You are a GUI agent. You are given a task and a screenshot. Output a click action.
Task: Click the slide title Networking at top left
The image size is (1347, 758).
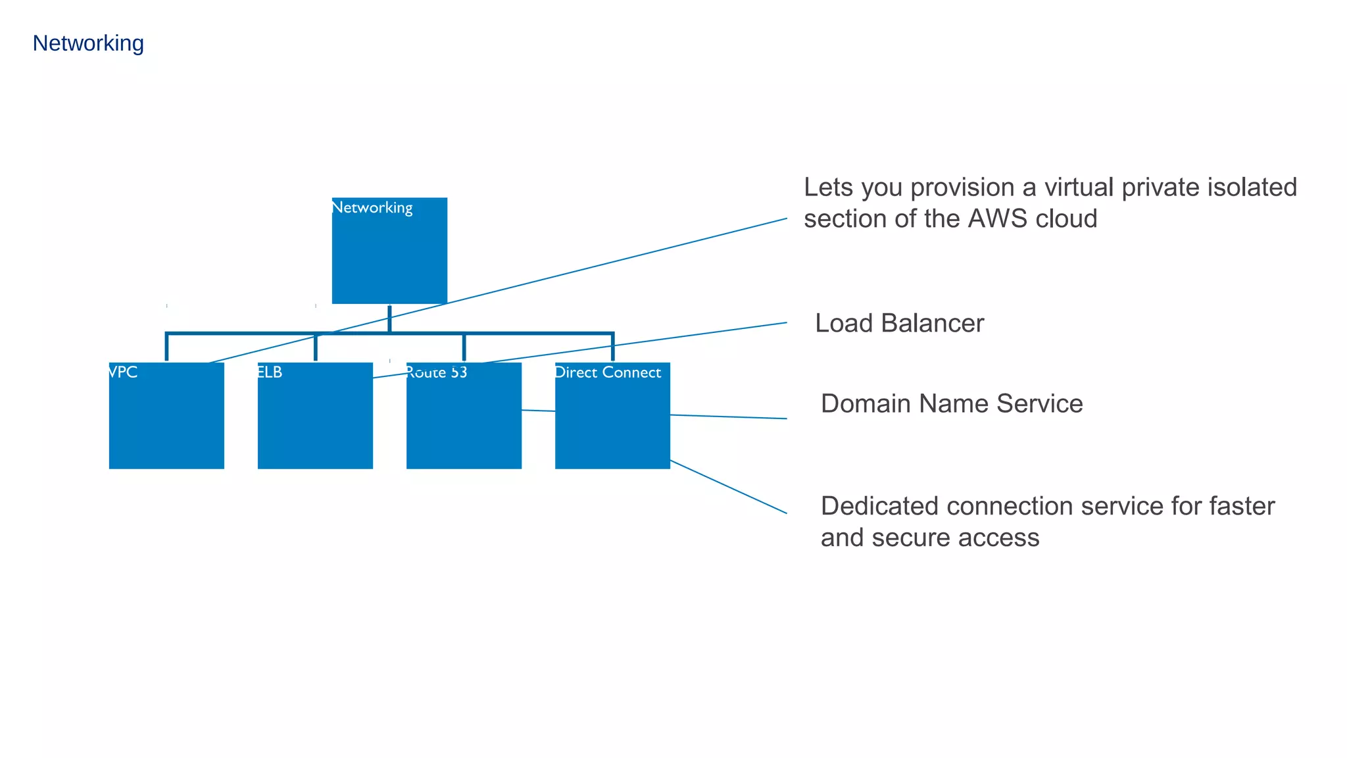pyautogui.click(x=88, y=43)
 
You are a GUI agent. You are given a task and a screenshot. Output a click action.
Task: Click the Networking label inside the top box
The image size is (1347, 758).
pyautogui.click(x=372, y=208)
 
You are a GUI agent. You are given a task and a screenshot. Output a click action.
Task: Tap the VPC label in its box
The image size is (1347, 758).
pyautogui.click(x=123, y=372)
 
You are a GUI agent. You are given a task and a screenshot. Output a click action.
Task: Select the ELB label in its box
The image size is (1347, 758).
pyautogui.click(x=270, y=372)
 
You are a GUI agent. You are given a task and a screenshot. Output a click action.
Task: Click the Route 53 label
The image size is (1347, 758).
pyautogui.click(x=437, y=372)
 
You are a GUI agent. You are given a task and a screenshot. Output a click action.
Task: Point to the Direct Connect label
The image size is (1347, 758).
pyautogui.click(x=608, y=372)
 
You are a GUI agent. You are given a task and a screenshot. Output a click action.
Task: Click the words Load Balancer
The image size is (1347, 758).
pyautogui.click(x=899, y=324)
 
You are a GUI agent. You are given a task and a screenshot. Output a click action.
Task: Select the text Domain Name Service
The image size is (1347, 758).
pyautogui.click(x=951, y=404)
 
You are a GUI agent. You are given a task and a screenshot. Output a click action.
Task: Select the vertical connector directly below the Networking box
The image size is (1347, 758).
pyautogui.click(x=389, y=318)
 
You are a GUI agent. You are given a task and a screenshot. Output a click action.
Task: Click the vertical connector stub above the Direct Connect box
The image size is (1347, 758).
pyautogui.click(x=612, y=347)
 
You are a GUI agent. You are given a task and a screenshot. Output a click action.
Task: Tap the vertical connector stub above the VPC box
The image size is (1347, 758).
pyautogui.click(x=166, y=347)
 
